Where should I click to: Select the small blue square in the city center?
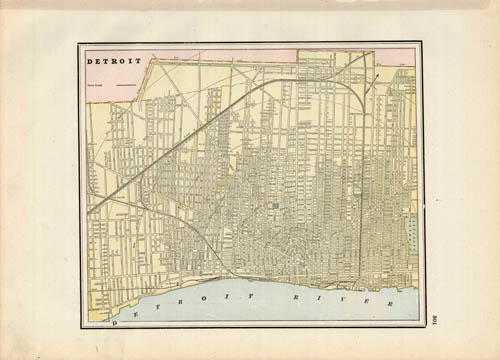pyautogui.click(x=274, y=206)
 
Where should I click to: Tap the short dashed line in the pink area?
pyautogui.click(x=125, y=87)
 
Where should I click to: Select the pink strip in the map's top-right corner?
pyautogui.click(x=395, y=57)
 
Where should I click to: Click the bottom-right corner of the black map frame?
pyautogui.click(x=422, y=326)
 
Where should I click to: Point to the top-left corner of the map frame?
pyautogui.click(x=80, y=44)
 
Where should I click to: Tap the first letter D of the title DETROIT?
pyautogui.click(x=90, y=61)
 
